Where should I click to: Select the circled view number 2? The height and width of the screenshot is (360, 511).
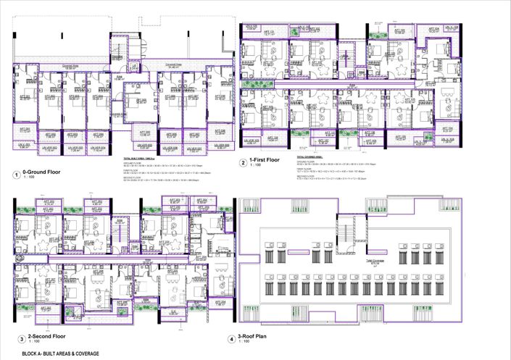(x=243, y=163)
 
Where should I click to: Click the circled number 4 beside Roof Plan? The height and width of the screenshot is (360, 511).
(x=231, y=338)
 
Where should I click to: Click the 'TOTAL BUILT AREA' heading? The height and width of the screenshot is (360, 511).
(x=138, y=157)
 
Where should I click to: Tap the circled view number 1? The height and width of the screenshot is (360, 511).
(x=15, y=174)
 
